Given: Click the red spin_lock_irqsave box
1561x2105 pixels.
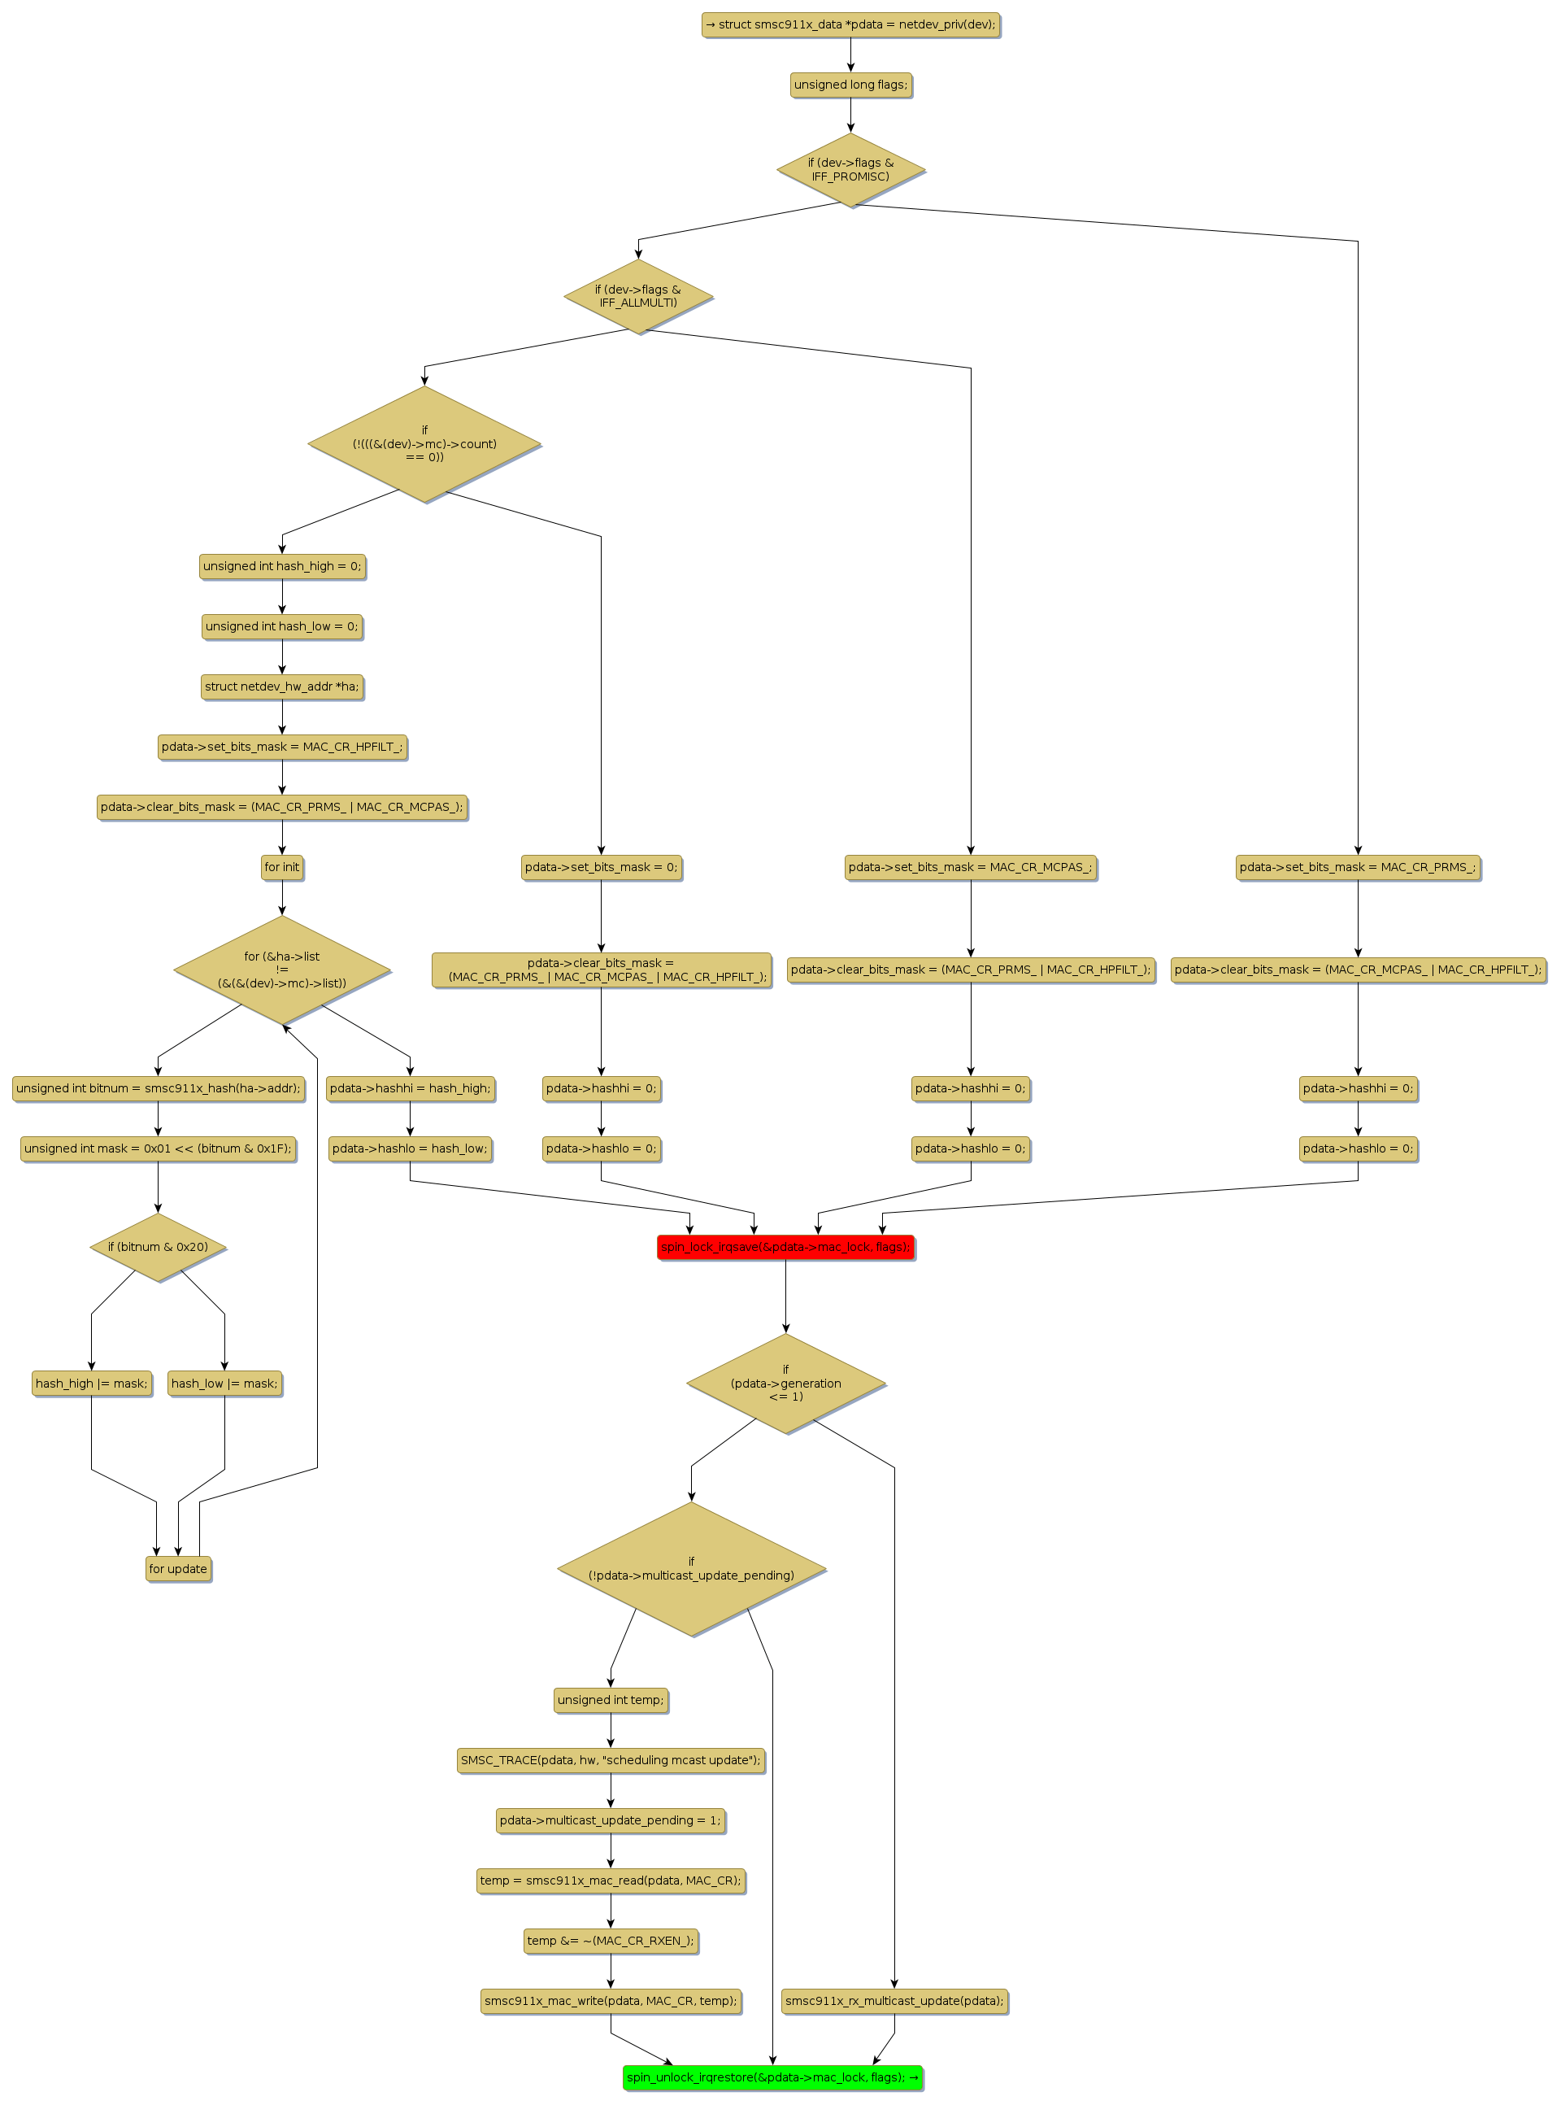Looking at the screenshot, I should coord(785,1247).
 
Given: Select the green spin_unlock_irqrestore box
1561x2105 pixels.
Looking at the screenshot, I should coord(772,2077).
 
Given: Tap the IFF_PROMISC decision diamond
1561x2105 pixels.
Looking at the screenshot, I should coord(850,170).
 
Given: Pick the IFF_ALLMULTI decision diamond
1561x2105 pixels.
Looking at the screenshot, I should coord(638,296).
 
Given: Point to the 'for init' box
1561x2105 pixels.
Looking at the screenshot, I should coord(281,867).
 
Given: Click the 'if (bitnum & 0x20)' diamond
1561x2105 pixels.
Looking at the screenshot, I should coord(158,1247).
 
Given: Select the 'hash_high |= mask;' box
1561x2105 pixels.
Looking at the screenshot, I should coord(92,1384).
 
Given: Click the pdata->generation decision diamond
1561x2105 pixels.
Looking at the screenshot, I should coord(785,1383).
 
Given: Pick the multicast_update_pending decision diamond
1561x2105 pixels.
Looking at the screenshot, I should coord(691,1569).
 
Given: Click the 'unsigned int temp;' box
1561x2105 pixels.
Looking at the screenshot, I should coord(611,1699).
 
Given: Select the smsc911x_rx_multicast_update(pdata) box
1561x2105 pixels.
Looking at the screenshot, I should coord(894,2000).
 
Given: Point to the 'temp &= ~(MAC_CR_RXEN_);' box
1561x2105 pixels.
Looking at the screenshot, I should coord(611,1941).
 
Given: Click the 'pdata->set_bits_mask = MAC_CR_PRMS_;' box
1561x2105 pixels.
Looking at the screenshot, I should coord(1358,867).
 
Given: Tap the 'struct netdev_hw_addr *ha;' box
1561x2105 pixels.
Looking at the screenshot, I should coord(281,686).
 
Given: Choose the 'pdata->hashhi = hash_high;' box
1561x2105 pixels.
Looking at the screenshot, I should coord(410,1088).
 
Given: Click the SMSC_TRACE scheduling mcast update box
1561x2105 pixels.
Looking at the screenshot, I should coord(611,1760).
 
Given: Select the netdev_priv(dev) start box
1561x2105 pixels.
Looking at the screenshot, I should coord(850,24).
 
